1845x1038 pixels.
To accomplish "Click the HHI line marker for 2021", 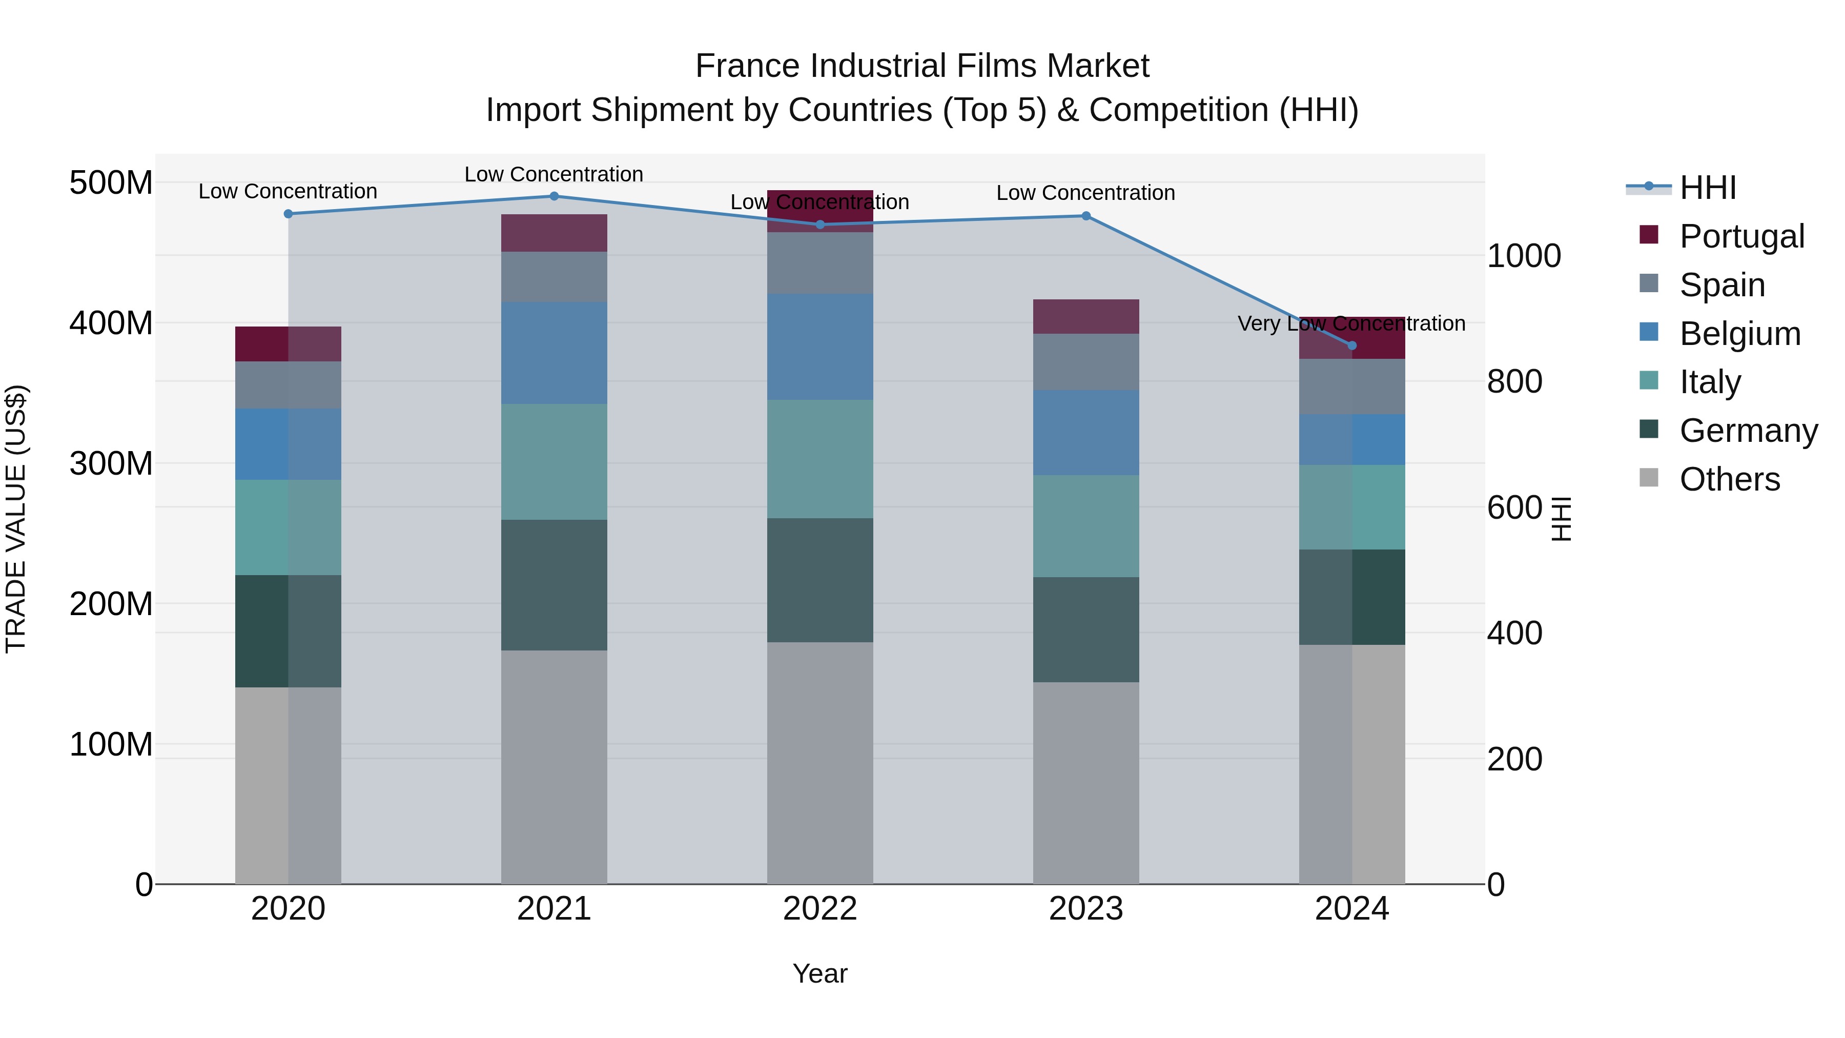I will coord(553,196).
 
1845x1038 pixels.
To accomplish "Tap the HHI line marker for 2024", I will coord(1351,346).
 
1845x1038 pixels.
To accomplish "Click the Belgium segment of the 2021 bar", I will coord(553,353).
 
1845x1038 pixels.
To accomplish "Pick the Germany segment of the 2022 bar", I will coord(820,580).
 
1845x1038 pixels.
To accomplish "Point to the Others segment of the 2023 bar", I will coord(1086,782).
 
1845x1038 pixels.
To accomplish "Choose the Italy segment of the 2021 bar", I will coord(553,462).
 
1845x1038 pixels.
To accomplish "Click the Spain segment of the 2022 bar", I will coord(820,263).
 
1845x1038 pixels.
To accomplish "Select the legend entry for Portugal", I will coord(1741,236).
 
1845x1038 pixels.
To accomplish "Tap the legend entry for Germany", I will coord(1748,431).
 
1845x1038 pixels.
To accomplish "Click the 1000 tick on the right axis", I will coord(1524,256).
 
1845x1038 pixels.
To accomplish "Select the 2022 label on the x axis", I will coord(820,909).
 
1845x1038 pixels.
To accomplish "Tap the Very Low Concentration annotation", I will coord(1351,324).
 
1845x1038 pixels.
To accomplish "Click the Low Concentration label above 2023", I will coord(1086,193).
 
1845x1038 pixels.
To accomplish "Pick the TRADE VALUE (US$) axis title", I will coord(16,519).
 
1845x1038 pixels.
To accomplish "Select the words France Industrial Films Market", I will coord(922,66).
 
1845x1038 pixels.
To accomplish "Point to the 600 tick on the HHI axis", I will coord(1514,508).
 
